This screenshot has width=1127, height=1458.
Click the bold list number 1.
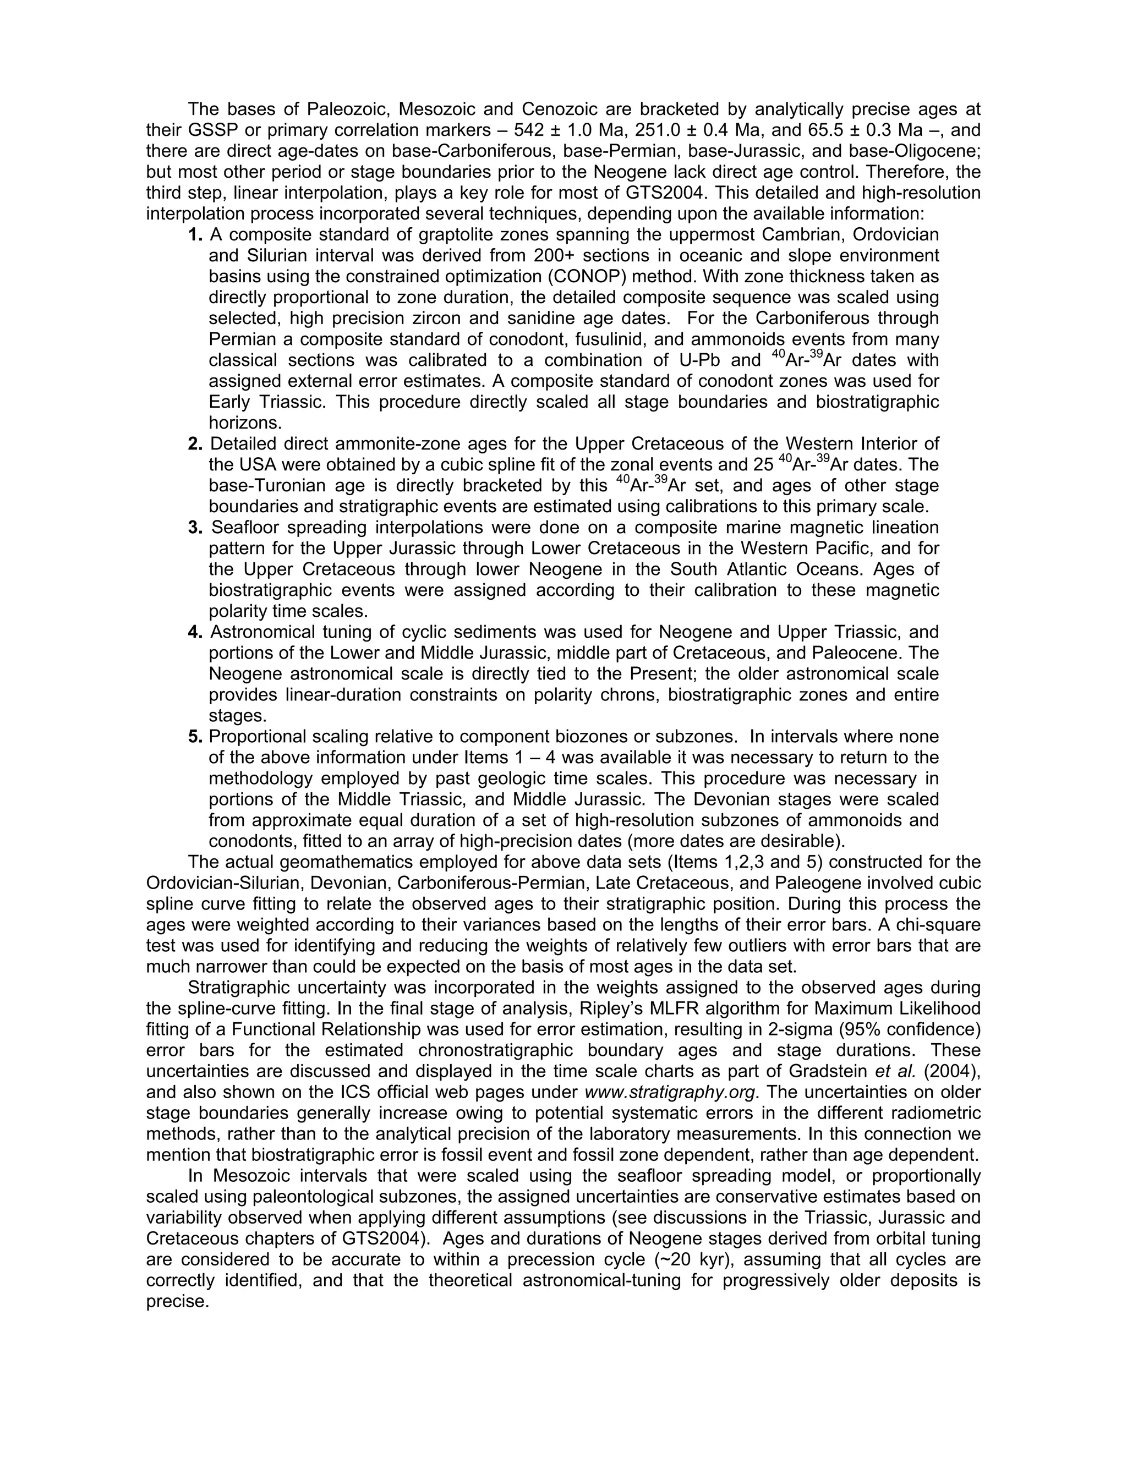coord(195,235)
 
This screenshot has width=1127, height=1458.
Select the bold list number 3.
coord(195,528)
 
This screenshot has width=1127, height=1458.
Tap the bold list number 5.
coord(195,736)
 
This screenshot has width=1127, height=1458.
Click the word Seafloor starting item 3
coord(245,528)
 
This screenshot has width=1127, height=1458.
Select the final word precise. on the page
coord(178,1302)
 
